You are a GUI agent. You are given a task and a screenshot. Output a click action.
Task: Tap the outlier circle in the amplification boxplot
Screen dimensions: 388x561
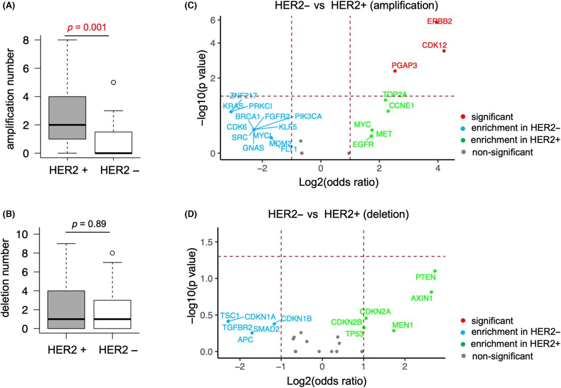click(x=113, y=82)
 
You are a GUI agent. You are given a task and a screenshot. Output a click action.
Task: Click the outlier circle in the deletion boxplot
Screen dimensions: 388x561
click(x=113, y=253)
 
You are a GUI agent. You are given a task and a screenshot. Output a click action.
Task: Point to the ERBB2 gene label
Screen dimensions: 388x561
click(x=439, y=21)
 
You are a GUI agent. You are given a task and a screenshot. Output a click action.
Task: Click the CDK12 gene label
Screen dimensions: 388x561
click(x=434, y=45)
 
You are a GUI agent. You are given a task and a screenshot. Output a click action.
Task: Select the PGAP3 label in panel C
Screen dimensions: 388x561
click(x=404, y=65)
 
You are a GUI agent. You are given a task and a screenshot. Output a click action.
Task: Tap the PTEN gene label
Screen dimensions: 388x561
click(x=426, y=277)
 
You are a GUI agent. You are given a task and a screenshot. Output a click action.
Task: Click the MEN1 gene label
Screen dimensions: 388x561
click(x=404, y=326)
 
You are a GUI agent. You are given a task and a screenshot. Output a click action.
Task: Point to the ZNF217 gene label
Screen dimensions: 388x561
click(x=243, y=96)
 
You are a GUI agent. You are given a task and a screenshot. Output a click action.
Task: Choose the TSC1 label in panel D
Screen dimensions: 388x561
click(x=230, y=315)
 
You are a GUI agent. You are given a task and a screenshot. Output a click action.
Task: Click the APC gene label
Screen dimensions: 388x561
click(x=245, y=340)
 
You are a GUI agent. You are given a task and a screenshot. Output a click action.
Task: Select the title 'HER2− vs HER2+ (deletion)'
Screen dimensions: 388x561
click(x=338, y=215)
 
